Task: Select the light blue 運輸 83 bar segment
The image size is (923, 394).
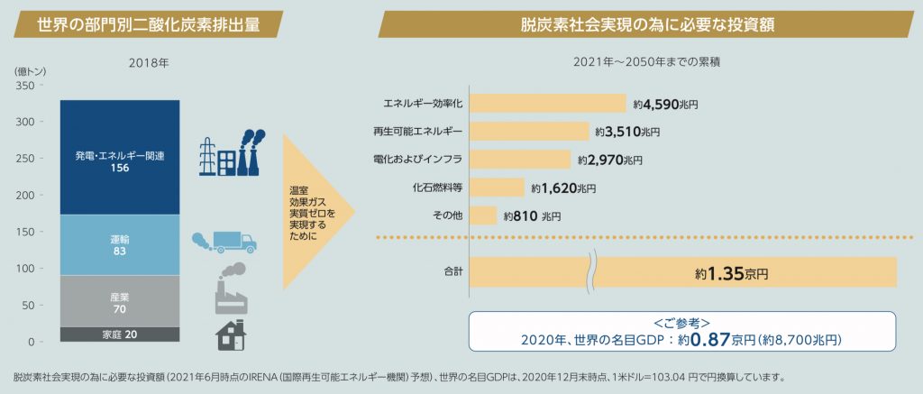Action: tap(119, 244)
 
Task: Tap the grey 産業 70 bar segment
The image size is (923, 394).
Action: tap(119, 301)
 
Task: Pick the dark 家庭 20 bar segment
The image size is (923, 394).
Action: tap(119, 334)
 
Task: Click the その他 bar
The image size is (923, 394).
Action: tap(483, 216)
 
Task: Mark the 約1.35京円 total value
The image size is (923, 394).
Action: tap(732, 271)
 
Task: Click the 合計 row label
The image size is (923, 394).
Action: tap(452, 270)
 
